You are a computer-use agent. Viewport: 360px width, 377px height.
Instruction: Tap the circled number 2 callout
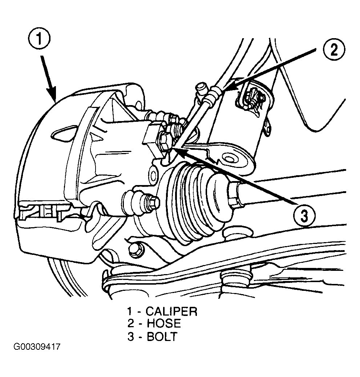[x=334, y=50]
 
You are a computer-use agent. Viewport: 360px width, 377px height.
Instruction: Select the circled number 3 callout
[x=304, y=215]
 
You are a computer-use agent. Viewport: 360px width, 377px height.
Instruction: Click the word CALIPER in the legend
[x=171, y=311]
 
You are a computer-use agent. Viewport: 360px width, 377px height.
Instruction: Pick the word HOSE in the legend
[x=164, y=323]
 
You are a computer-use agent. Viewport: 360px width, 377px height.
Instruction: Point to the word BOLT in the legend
[x=162, y=336]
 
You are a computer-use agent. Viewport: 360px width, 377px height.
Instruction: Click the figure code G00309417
[x=37, y=347]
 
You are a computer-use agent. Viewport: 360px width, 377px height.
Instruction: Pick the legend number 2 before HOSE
[x=131, y=323]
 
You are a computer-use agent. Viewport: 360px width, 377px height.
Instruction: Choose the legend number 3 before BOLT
[x=131, y=336]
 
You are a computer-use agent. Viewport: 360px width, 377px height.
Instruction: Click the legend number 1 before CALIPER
[x=130, y=311]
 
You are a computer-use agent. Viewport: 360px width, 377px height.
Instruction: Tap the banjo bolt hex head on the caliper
[x=165, y=141]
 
